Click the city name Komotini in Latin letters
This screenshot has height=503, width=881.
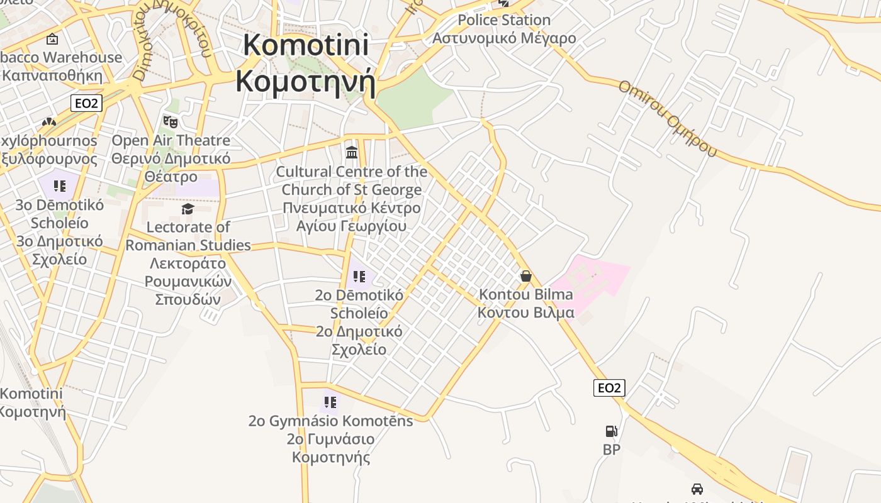coord(306,45)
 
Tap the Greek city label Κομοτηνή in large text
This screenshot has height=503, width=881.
coord(306,81)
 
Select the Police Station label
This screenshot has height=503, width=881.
coord(503,20)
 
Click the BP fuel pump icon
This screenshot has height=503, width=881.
coord(611,431)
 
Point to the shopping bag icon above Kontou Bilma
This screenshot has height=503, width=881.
coord(525,276)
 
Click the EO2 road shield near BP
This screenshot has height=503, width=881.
coord(609,388)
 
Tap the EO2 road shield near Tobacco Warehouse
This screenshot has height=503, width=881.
coord(86,103)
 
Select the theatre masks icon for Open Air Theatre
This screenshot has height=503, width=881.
coord(170,121)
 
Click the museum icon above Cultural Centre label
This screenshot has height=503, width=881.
coord(352,152)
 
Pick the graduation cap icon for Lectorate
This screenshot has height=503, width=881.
coord(188,209)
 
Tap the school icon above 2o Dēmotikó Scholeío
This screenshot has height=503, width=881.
coord(359,277)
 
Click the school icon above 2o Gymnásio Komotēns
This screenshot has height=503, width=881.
coord(330,402)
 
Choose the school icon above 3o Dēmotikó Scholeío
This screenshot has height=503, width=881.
coord(60,186)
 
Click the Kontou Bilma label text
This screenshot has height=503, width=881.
coord(525,294)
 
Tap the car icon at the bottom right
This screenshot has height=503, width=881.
coord(697,489)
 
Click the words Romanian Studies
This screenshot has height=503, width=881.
coord(188,245)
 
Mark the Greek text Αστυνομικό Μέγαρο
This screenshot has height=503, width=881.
coord(503,38)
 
